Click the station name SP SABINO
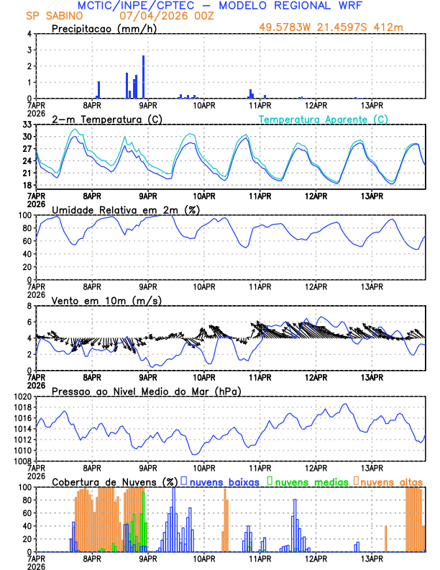[x=54, y=16]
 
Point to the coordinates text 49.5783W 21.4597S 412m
[x=342, y=27]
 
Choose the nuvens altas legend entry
[x=390, y=481]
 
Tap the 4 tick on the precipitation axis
[x=29, y=34]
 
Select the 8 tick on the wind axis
[x=29, y=306]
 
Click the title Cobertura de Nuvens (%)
[x=114, y=481]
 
